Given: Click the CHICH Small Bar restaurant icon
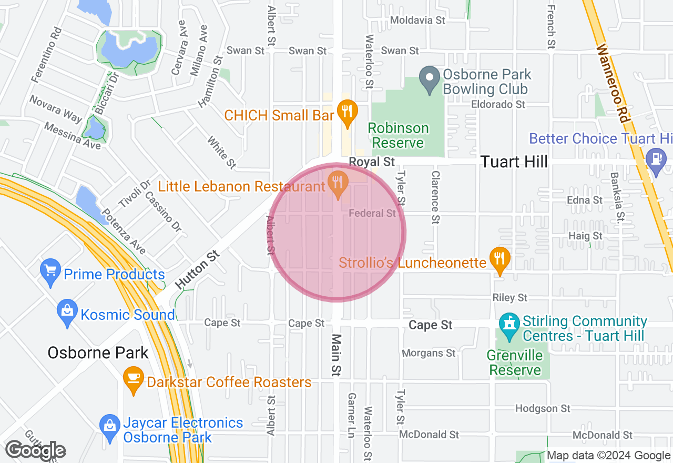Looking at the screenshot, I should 346,112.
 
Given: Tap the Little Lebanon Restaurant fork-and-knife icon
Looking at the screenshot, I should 338,183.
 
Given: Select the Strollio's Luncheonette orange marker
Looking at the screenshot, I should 499,258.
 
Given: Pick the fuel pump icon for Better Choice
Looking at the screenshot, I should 656,157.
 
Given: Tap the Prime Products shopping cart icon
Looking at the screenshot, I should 50,271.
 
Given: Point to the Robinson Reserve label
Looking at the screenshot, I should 398,135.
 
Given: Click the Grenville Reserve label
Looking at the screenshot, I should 515,363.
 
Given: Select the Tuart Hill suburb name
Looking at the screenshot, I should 514,162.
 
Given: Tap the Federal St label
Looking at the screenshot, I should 372,213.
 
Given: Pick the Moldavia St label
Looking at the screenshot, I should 417,20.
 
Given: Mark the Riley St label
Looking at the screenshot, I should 509,298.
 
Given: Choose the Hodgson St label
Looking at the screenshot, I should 543,408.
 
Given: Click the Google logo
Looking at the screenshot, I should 35,450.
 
